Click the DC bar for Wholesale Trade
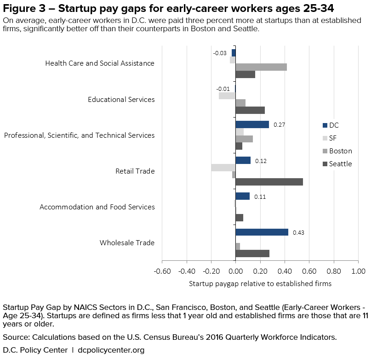point(262,232)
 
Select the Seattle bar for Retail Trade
point(269,182)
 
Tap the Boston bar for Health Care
point(261,67)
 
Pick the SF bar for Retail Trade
point(223,168)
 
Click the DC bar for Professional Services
point(252,124)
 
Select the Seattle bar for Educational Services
point(250,110)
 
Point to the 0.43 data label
point(298,232)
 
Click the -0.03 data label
point(219,53)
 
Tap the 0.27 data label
point(280,124)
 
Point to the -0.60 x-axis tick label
point(161,271)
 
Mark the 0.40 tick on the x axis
point(285,271)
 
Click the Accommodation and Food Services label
point(97,207)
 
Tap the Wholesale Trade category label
point(127,243)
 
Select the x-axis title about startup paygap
point(260,284)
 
